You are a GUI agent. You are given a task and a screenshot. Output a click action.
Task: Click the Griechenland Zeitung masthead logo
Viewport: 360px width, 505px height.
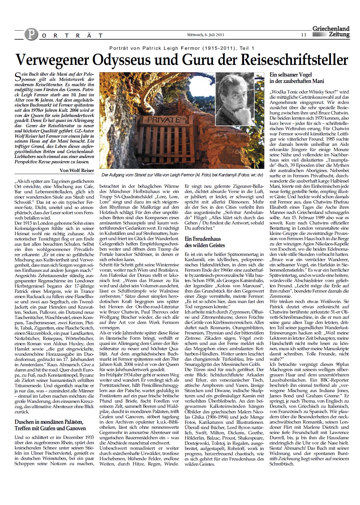(331, 32)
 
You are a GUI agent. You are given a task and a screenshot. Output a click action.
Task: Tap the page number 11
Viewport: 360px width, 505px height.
(304, 35)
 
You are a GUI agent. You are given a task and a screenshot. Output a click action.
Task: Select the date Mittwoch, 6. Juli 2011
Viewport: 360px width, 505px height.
(205, 35)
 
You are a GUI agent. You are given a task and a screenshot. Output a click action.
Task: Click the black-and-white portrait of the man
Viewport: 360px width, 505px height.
(235, 98)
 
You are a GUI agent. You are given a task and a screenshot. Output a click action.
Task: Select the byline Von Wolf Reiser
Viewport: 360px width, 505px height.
(77, 170)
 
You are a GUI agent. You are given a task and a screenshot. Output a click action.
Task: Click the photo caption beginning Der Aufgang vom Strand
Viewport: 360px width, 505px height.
(182, 175)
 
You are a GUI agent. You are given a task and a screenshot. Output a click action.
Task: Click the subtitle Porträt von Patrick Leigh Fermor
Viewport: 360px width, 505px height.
(182, 48)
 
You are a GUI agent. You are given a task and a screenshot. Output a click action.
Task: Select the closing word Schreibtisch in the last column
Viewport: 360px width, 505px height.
(282, 464)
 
